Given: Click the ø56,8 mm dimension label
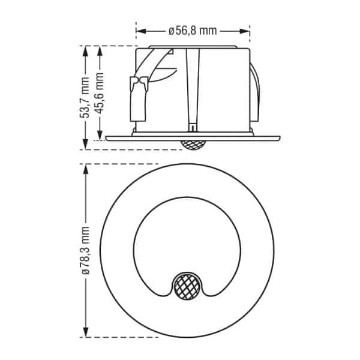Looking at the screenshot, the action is (193, 31).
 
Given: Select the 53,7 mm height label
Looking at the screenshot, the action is (85, 98).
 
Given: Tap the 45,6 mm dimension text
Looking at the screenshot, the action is (100, 93).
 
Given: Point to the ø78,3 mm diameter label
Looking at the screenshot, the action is (85, 250).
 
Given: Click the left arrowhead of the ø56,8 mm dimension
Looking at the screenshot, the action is (141, 31).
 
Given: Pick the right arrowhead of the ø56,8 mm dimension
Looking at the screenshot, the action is (245, 31).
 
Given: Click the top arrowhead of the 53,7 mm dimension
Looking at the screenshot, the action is (85, 51).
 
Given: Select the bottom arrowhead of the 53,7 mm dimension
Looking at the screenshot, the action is (85, 145).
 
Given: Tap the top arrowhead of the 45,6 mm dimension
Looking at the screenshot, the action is (100, 51).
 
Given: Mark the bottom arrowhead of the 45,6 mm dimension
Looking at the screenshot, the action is (100, 135).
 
